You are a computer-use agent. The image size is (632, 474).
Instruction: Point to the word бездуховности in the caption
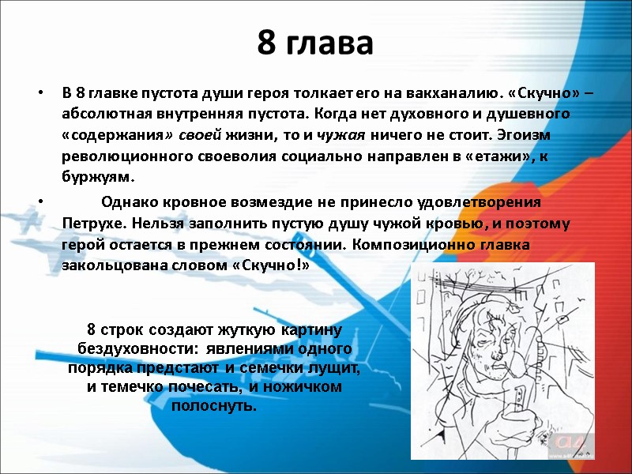(131, 348)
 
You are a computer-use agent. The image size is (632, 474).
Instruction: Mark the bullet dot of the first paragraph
(41, 94)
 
